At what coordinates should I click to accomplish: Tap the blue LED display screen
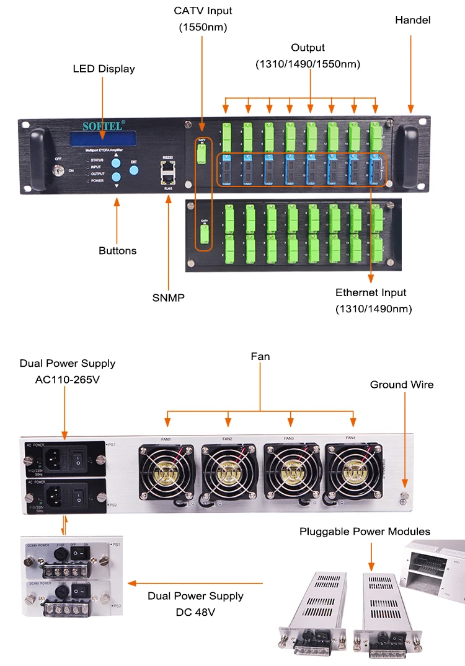[103, 140]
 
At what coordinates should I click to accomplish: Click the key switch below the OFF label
[59, 170]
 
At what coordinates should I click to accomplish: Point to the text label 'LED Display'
[104, 69]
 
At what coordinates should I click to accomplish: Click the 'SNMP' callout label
[168, 298]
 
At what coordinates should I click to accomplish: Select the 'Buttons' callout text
[117, 251]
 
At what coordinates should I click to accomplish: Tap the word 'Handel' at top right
[412, 20]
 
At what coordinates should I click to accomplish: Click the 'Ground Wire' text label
[402, 385]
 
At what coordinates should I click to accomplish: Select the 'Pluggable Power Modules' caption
[365, 532]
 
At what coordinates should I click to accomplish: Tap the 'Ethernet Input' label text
[371, 292]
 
